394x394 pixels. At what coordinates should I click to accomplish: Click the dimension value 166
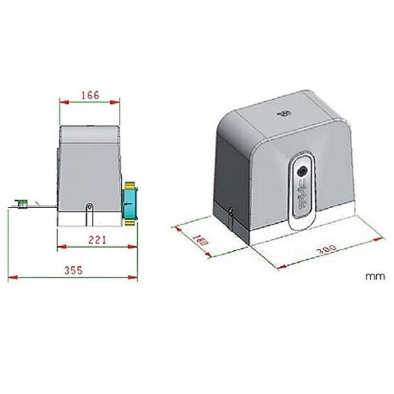89,95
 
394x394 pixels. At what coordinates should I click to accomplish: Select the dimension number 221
97,240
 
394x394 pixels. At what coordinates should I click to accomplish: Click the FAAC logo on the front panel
302,199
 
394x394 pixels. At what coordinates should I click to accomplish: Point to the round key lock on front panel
303,168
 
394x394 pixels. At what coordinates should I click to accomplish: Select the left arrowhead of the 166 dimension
62,102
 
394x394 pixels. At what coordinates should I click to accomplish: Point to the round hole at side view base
89,209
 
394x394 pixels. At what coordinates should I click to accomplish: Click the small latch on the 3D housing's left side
231,211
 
